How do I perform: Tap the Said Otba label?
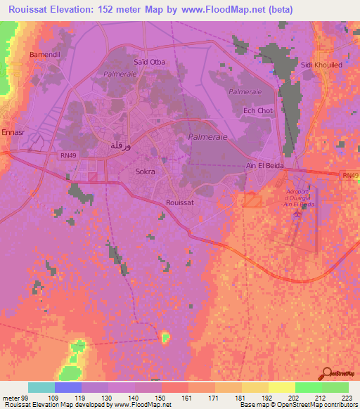tap(150, 62)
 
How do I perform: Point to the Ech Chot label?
tap(257, 110)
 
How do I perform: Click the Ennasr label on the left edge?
tap(13, 131)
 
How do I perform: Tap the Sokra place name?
tap(146, 171)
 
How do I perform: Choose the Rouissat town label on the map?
tap(179, 202)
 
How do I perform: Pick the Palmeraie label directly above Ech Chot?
tap(245, 91)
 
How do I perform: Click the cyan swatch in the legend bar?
tap(41, 387)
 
